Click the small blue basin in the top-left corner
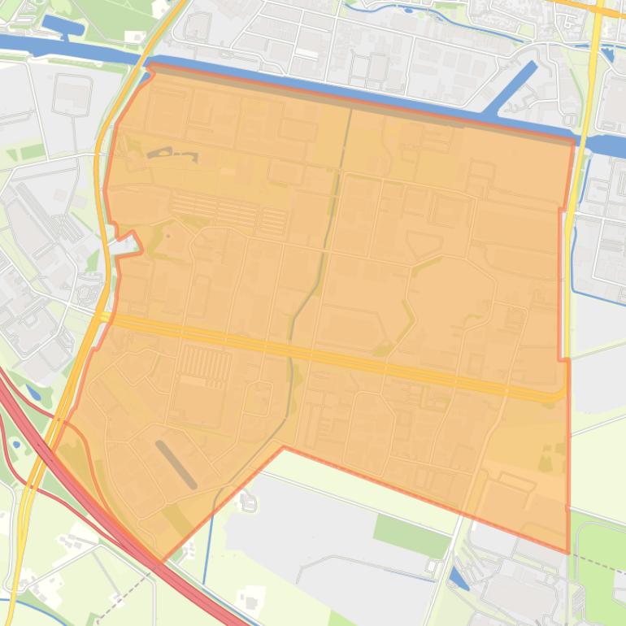coord(63,27)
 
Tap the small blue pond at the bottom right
coord(458,578)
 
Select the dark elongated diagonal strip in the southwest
coord(176,464)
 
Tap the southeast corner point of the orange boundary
coord(567,553)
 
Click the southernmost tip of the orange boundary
coord(161,562)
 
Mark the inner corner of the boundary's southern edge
coord(284,446)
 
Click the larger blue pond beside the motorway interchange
coord(34,393)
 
